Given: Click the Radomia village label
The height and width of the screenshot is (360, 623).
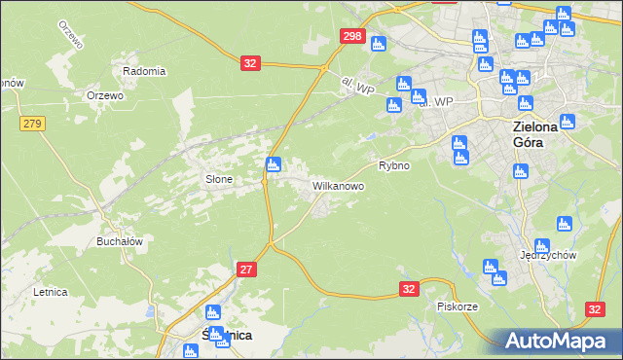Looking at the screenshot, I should click(x=144, y=71).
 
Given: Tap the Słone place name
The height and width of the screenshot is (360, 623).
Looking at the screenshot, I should click(x=218, y=179).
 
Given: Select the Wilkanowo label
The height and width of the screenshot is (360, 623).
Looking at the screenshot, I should click(x=338, y=184).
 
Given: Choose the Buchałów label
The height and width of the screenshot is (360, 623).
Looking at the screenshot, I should click(x=120, y=241).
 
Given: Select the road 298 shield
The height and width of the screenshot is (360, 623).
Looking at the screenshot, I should click(x=352, y=37).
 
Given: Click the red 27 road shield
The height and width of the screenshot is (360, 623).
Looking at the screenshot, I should click(x=247, y=270).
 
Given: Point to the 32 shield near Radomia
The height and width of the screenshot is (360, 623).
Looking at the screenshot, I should click(x=250, y=63).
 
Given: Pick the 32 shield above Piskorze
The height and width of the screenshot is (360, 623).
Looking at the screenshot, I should click(x=409, y=289).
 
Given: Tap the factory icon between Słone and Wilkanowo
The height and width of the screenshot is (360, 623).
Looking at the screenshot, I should click(x=275, y=164).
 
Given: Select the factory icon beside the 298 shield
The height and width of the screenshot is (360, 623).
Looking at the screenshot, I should click(x=379, y=44).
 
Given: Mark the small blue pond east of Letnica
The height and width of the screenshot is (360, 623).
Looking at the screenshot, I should click(x=148, y=313).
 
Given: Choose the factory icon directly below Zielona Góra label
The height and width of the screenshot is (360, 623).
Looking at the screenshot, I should click(x=520, y=172).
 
